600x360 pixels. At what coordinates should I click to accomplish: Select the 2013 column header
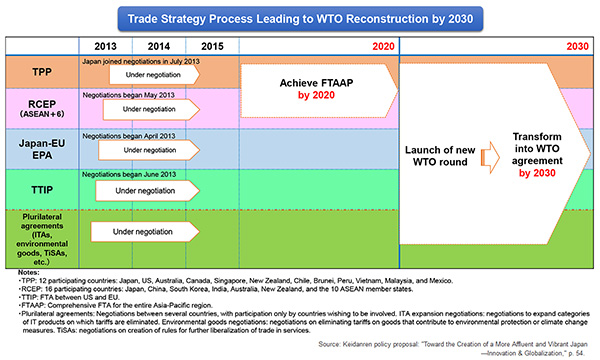[106, 46]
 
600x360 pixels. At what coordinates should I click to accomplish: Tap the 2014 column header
[159, 46]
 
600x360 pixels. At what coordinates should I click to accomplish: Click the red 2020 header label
[380, 46]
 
